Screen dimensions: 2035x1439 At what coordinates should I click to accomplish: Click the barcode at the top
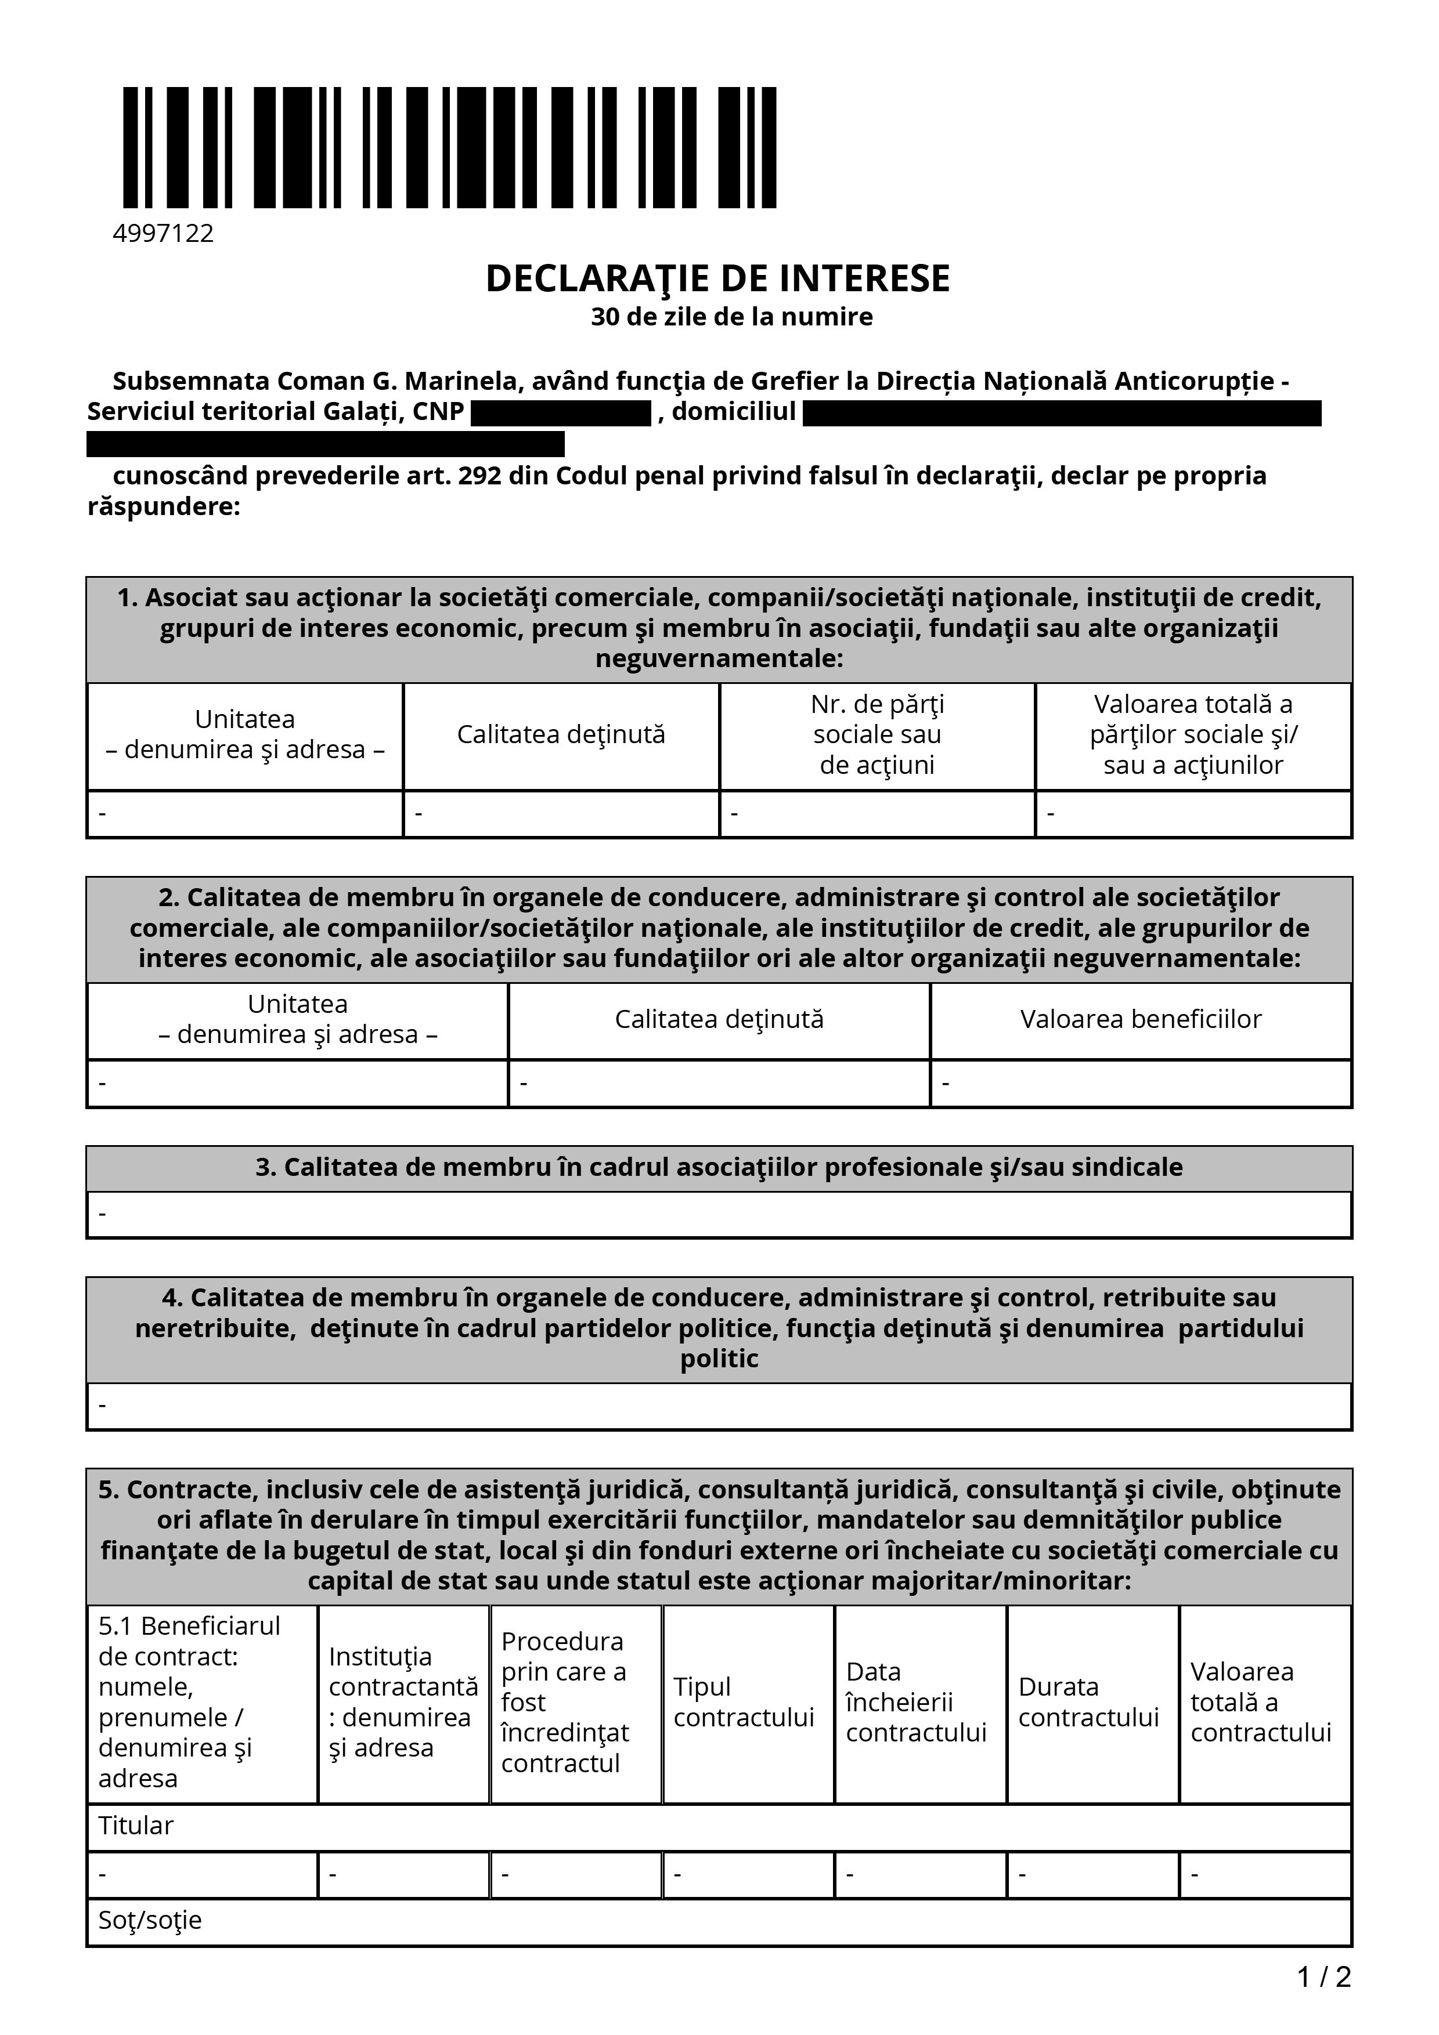[449, 147]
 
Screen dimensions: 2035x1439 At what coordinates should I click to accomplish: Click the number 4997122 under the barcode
[163, 233]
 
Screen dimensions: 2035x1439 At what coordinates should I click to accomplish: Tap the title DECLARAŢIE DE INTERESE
[717, 278]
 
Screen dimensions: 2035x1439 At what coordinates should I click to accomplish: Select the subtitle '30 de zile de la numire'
[731, 316]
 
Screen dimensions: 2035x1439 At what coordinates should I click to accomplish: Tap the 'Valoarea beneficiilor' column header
[1140, 1019]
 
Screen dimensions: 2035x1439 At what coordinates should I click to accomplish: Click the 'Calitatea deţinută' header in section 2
[719, 1019]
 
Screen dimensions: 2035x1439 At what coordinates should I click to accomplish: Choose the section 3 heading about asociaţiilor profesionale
[719, 1167]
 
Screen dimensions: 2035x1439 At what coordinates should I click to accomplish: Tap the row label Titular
[136, 1826]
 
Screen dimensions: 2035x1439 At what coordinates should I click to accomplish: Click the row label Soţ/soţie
[150, 1920]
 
